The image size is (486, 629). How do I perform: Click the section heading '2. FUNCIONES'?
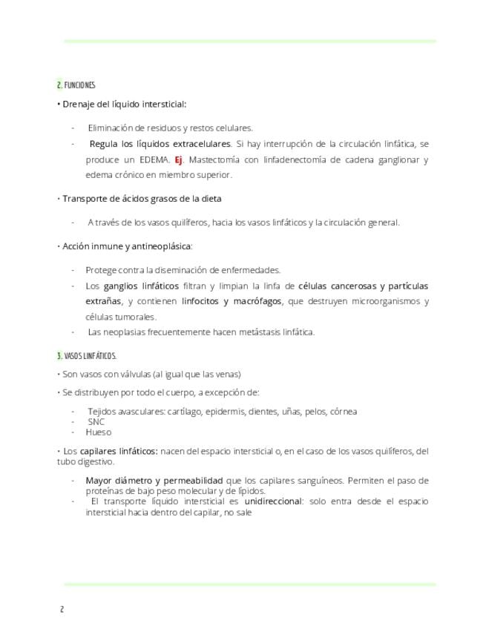tap(76, 85)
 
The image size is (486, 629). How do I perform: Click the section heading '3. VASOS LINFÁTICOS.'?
tap(86, 356)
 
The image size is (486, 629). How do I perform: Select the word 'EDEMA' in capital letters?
tap(154, 159)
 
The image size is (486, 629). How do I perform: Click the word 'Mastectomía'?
tap(215, 159)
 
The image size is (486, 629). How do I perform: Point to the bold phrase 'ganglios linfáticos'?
tap(140, 286)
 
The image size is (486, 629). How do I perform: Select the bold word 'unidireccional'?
tap(273, 501)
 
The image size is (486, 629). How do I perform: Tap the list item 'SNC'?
tap(96, 421)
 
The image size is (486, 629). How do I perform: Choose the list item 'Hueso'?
tap(98, 432)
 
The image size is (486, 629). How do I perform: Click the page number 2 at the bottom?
tap(62, 610)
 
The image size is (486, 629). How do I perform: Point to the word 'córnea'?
tap(343, 411)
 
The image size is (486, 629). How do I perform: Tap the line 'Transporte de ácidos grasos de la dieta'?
tap(142, 199)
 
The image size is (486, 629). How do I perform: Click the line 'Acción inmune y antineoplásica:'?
tap(127, 246)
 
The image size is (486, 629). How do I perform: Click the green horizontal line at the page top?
tap(249, 41)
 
